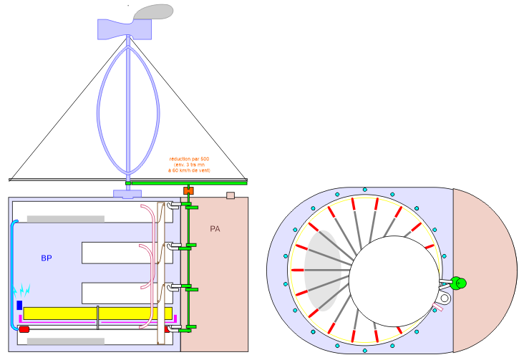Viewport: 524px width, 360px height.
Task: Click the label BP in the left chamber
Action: point(47,257)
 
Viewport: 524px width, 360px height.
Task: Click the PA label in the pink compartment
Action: point(215,229)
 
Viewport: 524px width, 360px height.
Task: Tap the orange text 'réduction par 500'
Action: point(189,159)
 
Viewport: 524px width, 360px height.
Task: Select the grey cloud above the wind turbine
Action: point(152,12)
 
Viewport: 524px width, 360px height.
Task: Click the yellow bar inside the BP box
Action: point(93,313)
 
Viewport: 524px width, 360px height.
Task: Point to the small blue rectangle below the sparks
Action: point(19,306)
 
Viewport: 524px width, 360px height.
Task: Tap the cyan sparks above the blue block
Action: point(22,291)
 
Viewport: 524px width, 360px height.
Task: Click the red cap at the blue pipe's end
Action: point(24,329)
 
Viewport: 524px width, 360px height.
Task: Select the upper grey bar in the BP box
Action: point(66,219)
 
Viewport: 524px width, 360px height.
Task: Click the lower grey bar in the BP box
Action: point(66,341)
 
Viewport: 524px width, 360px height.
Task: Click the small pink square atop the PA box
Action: point(231,195)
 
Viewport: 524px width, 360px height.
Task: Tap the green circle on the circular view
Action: point(458,283)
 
